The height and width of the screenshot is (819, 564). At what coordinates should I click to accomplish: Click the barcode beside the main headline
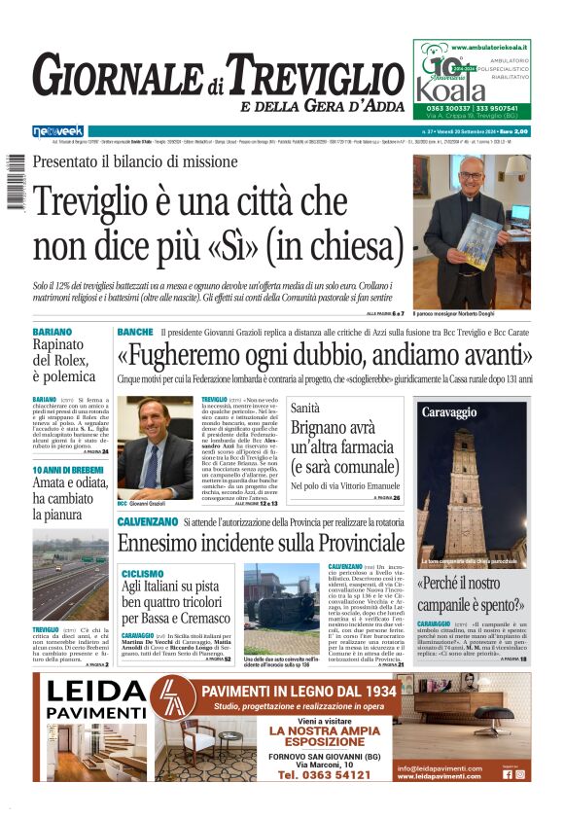[x=15, y=183]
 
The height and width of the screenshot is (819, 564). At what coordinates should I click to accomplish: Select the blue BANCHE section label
[x=134, y=333]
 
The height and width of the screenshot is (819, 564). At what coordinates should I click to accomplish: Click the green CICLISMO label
[x=143, y=573]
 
